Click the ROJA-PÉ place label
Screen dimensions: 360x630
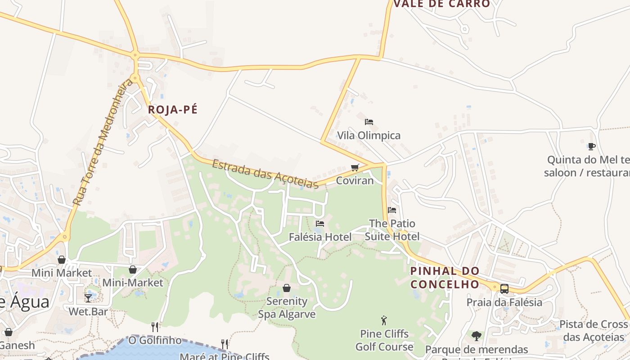[x=173, y=110]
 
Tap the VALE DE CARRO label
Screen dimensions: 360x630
[x=441, y=4]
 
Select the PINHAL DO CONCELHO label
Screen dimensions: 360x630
[x=445, y=278]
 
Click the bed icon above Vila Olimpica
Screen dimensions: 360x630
[x=369, y=122]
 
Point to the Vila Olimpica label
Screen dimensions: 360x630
[x=369, y=135]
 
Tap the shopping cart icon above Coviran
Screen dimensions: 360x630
[x=355, y=168]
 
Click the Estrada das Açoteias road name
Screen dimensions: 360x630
[x=265, y=174]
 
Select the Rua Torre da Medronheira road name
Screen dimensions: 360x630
[x=103, y=142]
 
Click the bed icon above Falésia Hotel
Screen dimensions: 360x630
[x=320, y=223]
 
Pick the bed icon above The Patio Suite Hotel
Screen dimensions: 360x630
[x=392, y=210]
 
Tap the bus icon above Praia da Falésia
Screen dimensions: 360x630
[x=504, y=288]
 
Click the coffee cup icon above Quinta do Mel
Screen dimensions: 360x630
[x=591, y=146]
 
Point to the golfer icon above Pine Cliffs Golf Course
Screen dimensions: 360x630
[x=384, y=320]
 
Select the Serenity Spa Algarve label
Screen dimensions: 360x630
[x=287, y=307]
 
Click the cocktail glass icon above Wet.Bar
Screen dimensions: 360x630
[x=88, y=298]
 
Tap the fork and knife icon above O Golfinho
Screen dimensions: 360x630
[x=155, y=327]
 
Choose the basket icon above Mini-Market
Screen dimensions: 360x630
[x=133, y=270]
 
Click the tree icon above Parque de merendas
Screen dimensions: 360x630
[x=476, y=336]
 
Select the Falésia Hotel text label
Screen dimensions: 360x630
[x=320, y=237]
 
